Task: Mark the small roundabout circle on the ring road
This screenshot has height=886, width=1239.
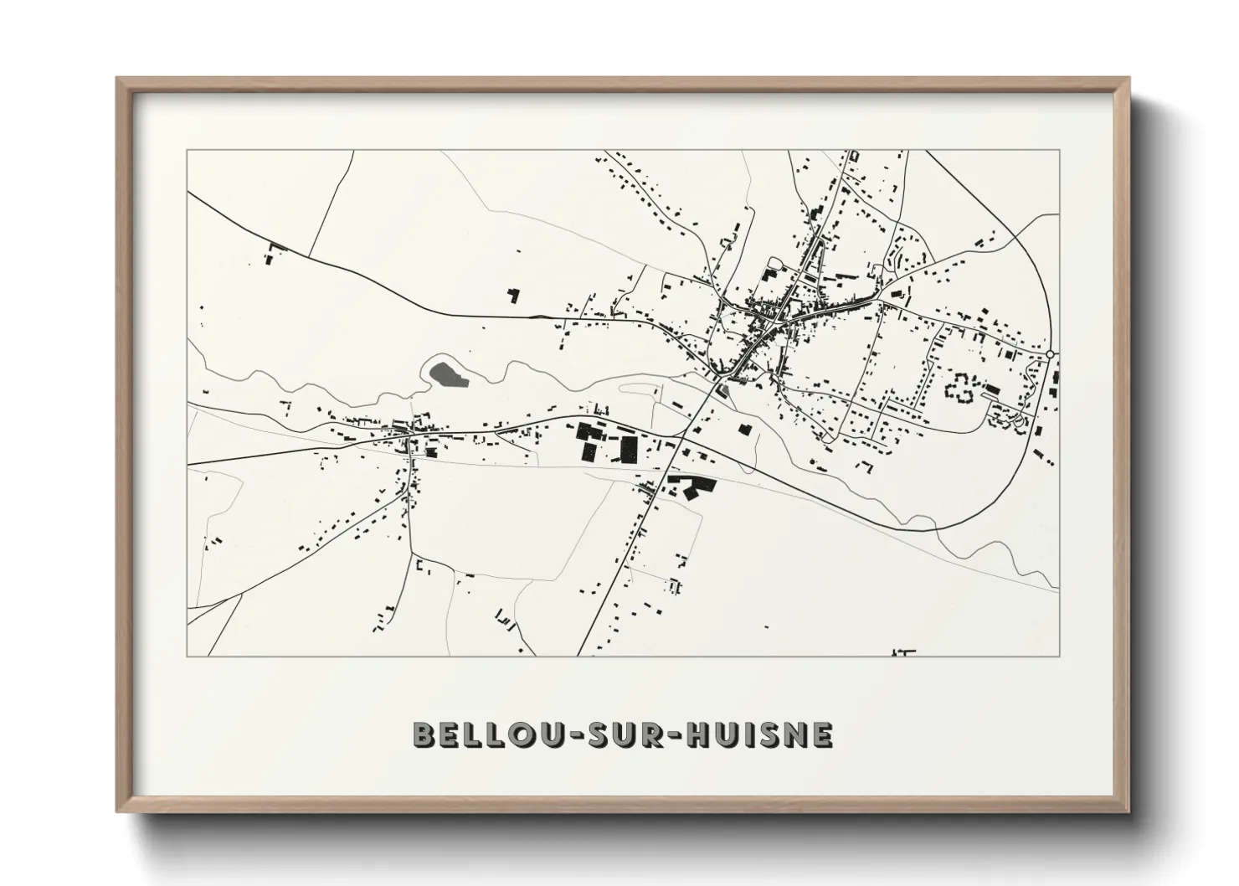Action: tap(1050, 355)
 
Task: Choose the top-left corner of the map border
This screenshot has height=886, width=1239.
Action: tap(187, 151)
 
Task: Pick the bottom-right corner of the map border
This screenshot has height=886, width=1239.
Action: tap(1059, 656)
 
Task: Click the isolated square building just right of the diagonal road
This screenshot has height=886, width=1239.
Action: tap(743, 430)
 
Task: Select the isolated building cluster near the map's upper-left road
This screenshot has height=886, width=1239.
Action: tap(273, 254)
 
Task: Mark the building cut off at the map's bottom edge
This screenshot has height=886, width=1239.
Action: tap(903, 652)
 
